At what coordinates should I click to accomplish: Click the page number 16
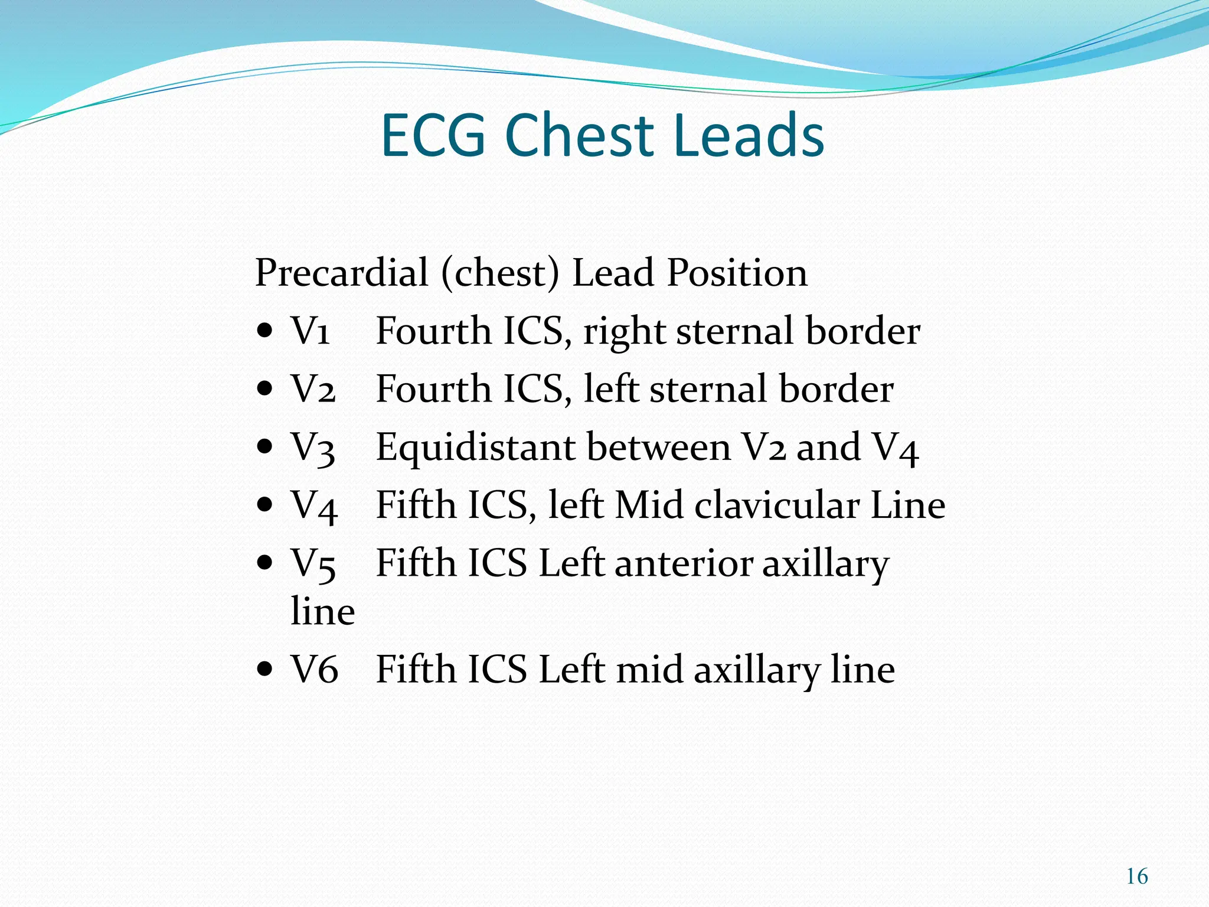point(1136,876)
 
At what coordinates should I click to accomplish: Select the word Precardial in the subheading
point(341,273)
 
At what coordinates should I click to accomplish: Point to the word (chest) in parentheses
point(499,273)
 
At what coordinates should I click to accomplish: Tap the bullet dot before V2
point(265,389)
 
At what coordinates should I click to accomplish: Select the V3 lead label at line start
point(313,447)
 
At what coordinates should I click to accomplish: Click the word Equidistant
point(475,447)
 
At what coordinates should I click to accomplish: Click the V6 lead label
point(314,670)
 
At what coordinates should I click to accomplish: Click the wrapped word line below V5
point(322,611)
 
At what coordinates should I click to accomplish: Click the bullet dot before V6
point(265,670)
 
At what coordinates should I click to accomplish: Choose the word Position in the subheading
point(737,273)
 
